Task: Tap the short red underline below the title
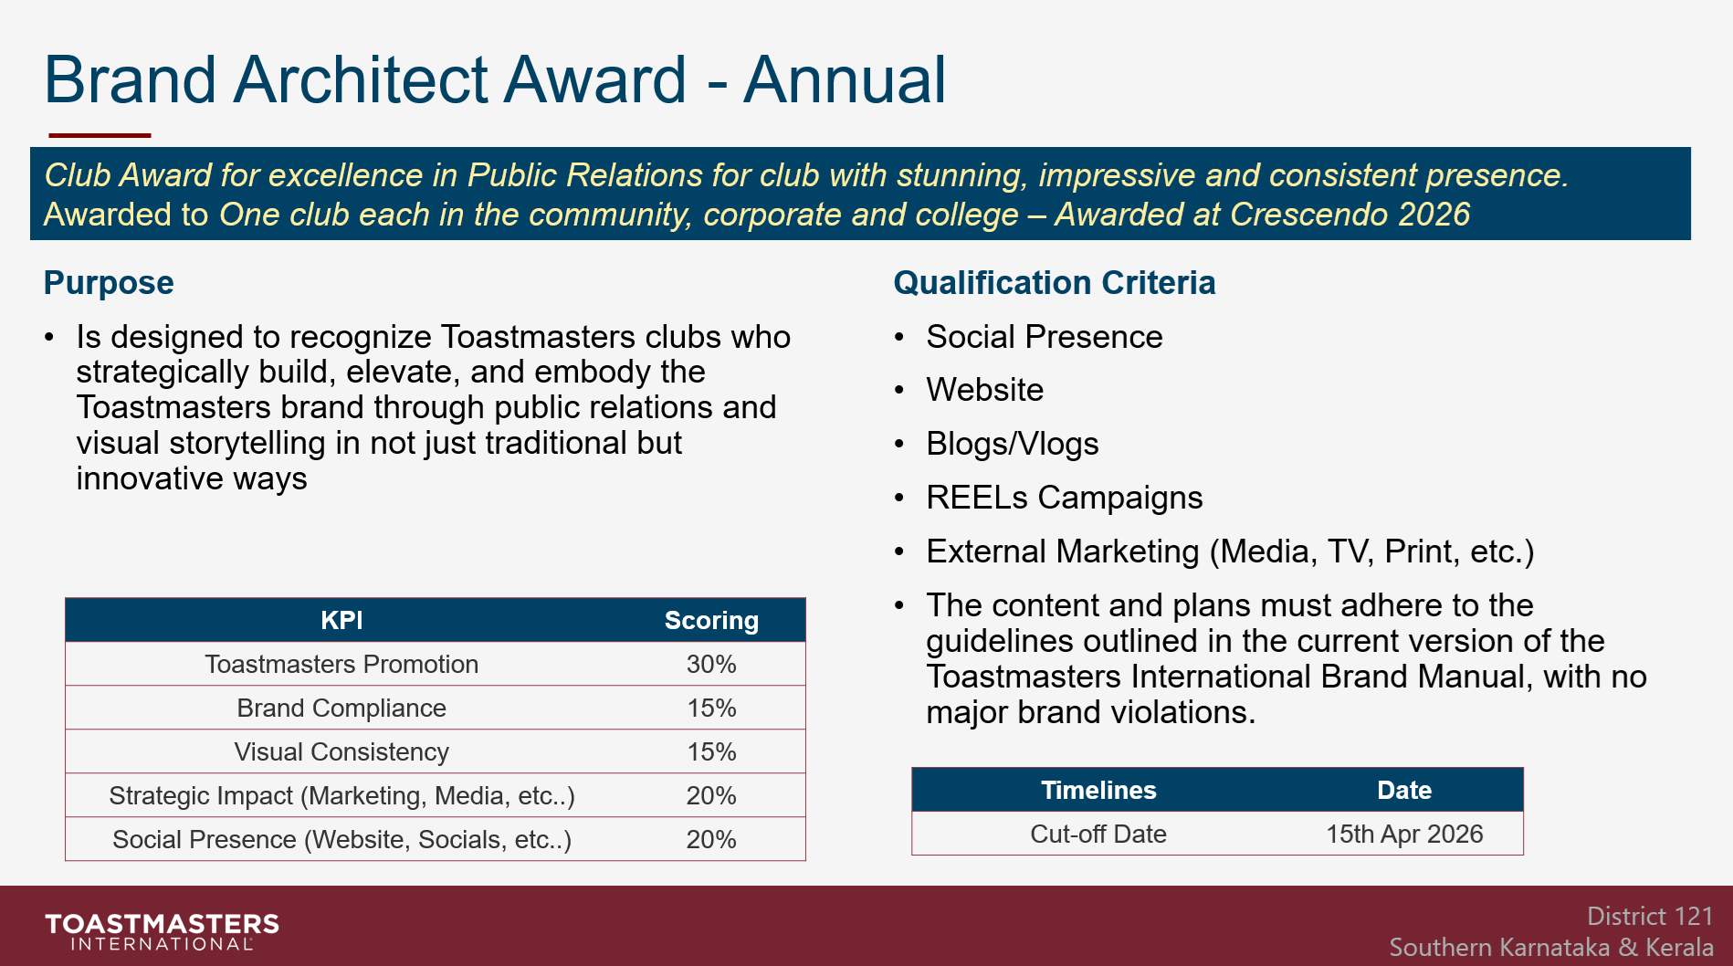coord(100,135)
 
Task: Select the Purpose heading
coord(109,283)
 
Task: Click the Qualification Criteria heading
coord(1054,283)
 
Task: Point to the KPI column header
coord(341,621)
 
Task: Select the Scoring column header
coord(711,621)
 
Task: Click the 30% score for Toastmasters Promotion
coord(711,665)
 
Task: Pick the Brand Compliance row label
coord(341,709)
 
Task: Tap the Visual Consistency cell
coord(341,752)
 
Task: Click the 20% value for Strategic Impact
coord(711,796)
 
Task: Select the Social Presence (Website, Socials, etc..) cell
coord(341,840)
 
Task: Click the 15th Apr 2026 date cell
coord(1403,835)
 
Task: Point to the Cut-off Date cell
coord(1098,835)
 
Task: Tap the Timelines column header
coord(1098,791)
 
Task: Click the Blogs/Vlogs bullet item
coord(1012,445)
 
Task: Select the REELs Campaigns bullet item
coord(1064,499)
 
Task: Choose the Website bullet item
coord(984,391)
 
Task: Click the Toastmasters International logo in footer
coord(163,931)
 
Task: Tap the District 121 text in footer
coord(1649,917)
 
